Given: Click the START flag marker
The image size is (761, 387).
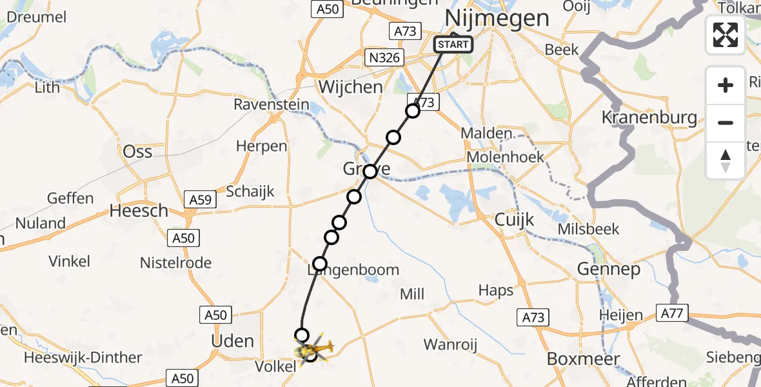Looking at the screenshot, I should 453,45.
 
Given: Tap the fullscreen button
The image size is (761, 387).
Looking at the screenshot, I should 726,34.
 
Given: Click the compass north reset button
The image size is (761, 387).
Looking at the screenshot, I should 726,161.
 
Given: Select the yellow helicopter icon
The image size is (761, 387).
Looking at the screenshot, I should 314,350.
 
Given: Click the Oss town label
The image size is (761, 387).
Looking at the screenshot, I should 137,152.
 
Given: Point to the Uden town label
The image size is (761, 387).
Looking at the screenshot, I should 233,341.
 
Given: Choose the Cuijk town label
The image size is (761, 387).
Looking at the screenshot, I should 514,220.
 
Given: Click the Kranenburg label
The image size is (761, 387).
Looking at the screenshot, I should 649,117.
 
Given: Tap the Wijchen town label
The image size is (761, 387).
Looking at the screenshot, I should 350,87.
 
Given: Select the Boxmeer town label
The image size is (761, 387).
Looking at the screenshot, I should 583,359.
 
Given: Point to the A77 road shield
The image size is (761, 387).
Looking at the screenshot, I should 673,313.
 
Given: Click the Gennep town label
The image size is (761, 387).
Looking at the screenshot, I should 609,269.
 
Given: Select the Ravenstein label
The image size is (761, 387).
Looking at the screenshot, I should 271,104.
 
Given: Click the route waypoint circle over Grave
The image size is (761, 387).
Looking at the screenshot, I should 370,172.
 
